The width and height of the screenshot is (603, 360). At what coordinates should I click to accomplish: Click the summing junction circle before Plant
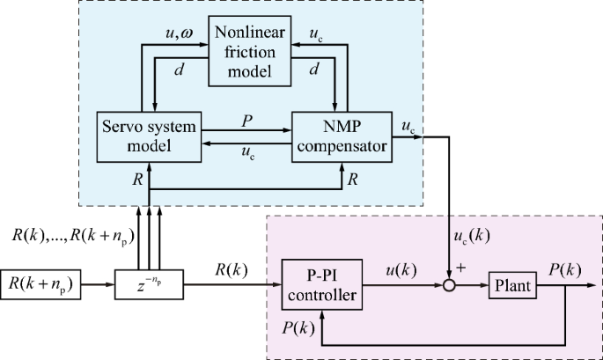tap(451, 284)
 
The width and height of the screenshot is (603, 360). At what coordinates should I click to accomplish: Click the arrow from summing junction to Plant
tap(473, 284)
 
